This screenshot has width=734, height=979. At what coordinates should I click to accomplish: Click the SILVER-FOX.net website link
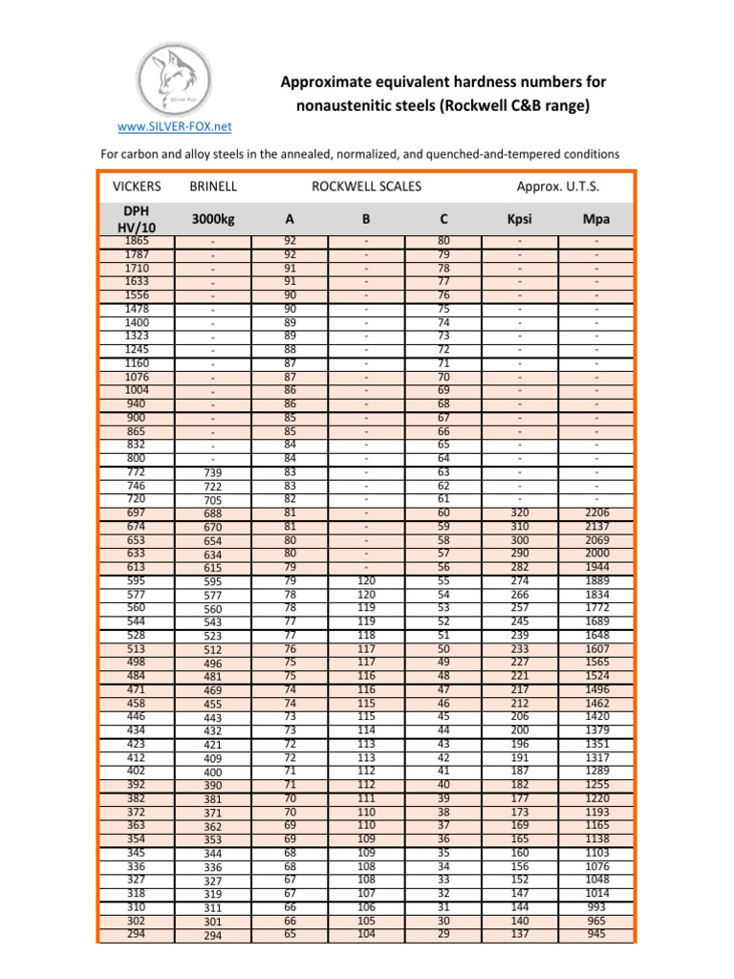(x=169, y=126)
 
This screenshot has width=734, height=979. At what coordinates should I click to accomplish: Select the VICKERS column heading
(x=136, y=185)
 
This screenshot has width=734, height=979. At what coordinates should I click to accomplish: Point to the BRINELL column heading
(x=213, y=185)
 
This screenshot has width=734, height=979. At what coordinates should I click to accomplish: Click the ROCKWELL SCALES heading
(x=366, y=185)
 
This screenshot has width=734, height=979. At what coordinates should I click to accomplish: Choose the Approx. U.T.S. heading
(x=559, y=185)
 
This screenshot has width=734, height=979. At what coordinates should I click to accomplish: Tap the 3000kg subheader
(x=213, y=219)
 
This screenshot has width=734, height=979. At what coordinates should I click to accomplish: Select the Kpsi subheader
(x=519, y=219)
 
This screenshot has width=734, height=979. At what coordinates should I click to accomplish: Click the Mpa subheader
(x=595, y=219)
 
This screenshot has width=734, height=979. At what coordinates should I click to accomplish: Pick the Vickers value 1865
(x=136, y=242)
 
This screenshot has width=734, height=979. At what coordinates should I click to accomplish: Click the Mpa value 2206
(x=595, y=513)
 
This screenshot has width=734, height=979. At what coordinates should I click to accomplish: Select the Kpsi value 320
(x=519, y=513)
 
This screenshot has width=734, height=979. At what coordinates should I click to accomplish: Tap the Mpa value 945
(x=595, y=933)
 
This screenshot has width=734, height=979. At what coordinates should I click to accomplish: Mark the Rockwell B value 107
(x=366, y=893)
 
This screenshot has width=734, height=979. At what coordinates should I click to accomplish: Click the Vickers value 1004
(x=136, y=390)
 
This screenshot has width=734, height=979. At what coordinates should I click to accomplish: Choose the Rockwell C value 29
(x=443, y=933)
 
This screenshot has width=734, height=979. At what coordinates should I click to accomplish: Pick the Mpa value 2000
(x=595, y=554)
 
